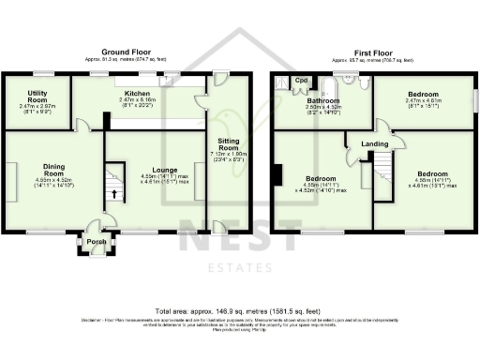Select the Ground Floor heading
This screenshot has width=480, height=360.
[128, 51]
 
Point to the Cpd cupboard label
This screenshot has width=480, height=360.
[301, 81]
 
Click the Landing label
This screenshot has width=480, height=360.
[376, 143]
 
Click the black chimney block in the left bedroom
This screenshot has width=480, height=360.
[277, 174]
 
